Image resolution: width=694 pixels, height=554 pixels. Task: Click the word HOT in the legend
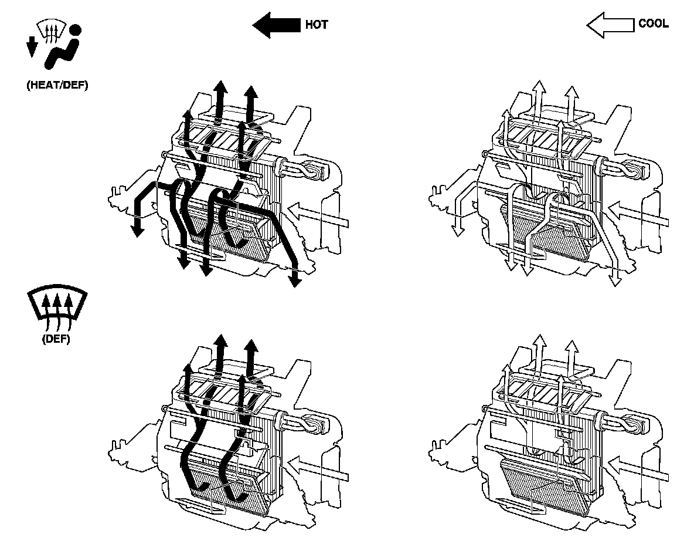pos(317,25)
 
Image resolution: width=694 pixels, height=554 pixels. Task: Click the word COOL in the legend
pos(652,25)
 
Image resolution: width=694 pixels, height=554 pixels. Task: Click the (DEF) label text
pos(56,340)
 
